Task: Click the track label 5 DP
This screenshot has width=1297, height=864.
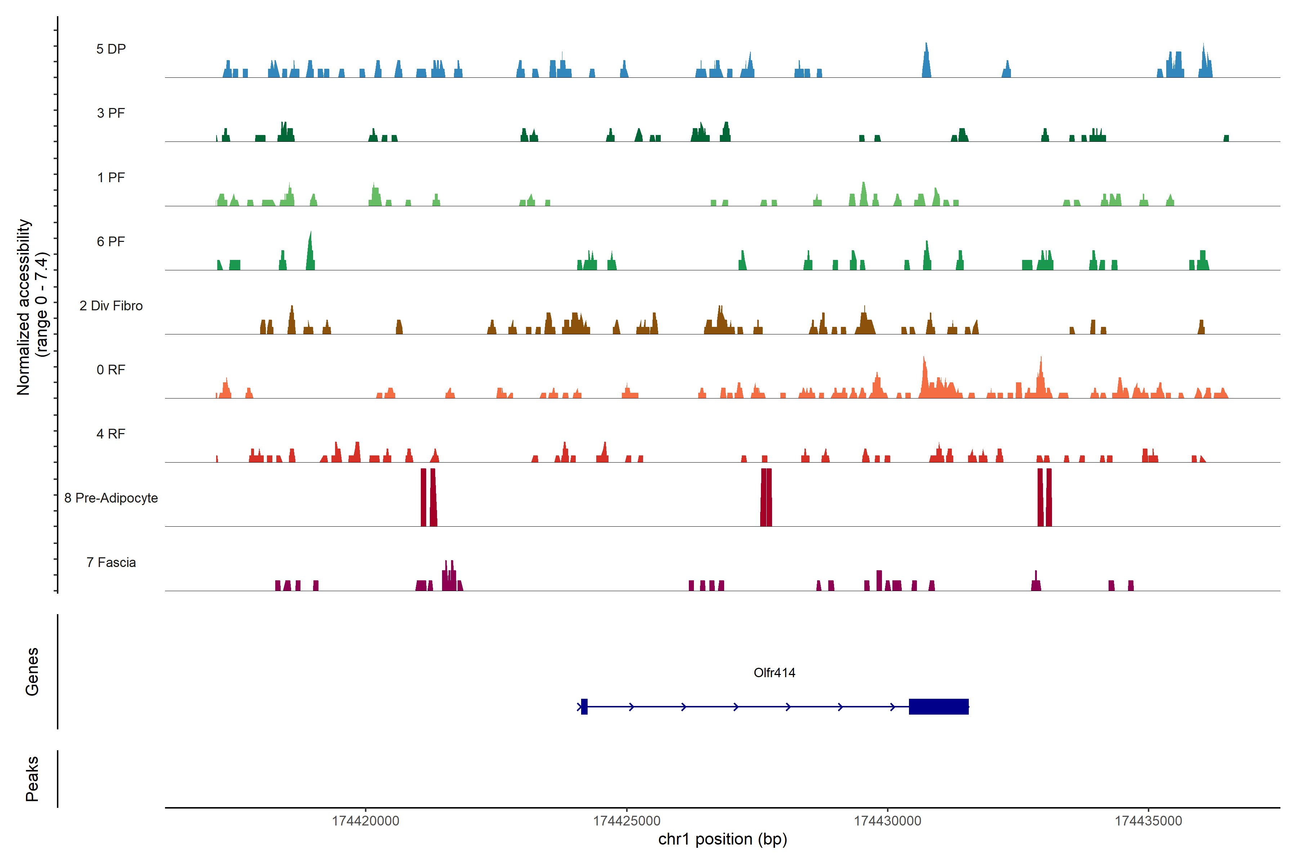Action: pos(111,49)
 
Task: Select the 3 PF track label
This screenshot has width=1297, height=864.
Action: pos(111,113)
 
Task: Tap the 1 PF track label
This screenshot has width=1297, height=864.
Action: pos(111,177)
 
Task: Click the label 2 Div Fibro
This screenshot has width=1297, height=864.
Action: pos(111,306)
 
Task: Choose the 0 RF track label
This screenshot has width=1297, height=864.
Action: pos(111,370)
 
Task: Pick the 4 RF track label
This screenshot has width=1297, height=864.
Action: pos(111,434)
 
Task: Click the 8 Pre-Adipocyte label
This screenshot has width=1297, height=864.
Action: pos(111,498)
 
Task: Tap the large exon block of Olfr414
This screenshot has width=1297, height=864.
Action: pos(939,706)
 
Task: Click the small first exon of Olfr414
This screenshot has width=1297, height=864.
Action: pos(584,706)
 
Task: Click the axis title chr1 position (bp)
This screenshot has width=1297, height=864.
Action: pos(722,839)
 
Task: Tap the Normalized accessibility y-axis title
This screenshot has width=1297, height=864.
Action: pos(32,307)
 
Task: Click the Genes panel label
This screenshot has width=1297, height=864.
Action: pos(32,672)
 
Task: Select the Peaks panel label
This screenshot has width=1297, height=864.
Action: pos(32,779)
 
